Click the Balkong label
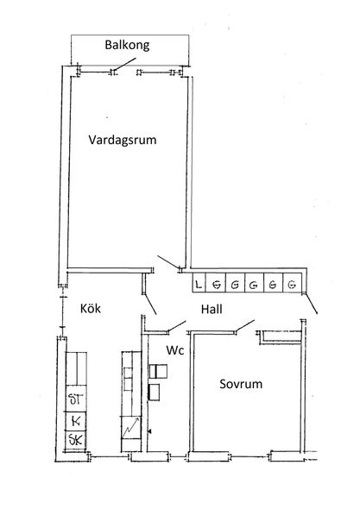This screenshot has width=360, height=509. point(127,45)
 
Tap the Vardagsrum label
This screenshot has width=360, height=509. point(123,140)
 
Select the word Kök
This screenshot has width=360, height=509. point(91,308)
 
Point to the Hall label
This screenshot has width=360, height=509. point(212,309)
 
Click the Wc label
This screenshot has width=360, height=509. point(174,350)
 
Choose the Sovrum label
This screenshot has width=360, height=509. point(241,384)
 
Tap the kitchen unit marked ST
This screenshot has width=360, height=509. point(76,399)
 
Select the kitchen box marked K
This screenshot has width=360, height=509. point(76,421)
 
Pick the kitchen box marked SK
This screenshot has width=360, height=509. point(76,441)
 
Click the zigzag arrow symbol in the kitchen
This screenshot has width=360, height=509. point(131,427)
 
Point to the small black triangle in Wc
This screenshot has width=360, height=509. point(149,431)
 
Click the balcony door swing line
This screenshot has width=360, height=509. point(125,64)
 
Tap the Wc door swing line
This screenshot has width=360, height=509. point(177,326)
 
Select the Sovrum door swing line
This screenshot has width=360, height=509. point(245,325)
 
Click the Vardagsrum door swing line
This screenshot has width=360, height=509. point(168,262)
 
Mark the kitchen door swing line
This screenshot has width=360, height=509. point(149,305)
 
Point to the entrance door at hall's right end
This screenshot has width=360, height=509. point(311,305)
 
